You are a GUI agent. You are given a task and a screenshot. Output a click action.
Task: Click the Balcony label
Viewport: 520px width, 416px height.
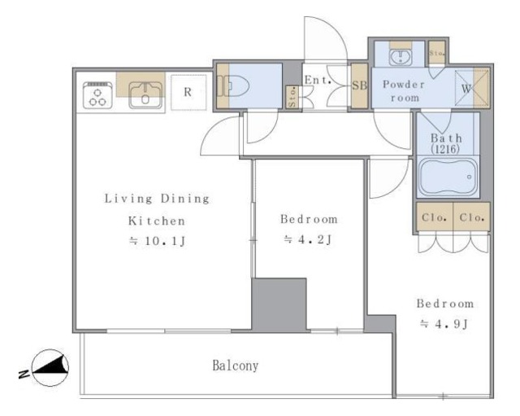pos(235,366)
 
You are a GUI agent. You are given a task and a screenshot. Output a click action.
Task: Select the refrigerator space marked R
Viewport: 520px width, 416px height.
pos(188,92)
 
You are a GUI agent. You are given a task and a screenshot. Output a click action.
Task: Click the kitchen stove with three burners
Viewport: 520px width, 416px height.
pos(97,95)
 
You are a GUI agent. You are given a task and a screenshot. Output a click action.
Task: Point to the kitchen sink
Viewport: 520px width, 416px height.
pos(145,94)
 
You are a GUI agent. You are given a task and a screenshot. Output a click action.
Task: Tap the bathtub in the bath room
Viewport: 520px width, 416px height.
pos(448,177)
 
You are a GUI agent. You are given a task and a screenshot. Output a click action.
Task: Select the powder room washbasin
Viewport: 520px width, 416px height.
pos(401,57)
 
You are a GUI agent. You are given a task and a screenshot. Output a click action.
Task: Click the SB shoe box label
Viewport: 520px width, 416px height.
pos(359,85)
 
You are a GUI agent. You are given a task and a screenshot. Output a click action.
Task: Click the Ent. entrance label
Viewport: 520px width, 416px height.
pos(318,80)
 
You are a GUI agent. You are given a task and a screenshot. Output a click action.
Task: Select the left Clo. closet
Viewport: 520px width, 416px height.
pos(435,217)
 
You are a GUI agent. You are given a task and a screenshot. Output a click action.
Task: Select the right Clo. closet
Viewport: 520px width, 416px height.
pos(471,217)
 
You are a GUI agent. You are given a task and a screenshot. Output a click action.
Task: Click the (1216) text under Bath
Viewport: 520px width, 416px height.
pos(445,149)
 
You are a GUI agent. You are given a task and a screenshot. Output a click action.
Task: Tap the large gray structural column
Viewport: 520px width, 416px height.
pos(279,304)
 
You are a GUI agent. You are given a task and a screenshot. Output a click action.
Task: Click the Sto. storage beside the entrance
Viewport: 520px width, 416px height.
pos(292,97)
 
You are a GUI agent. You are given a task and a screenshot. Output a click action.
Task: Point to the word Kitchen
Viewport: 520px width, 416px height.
pos(157,221)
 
